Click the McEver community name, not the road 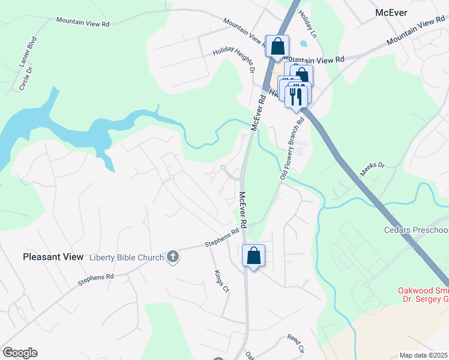pyautogui.click(x=391, y=12)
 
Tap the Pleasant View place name pyautogui.click(x=53, y=257)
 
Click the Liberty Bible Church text pyautogui.click(x=127, y=257)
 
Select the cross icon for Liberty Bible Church pyautogui.click(x=173, y=257)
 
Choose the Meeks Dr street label pyautogui.click(x=372, y=171)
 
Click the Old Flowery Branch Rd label pyautogui.click(x=292, y=148)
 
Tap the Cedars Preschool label pyautogui.click(x=416, y=230)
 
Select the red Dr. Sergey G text pyautogui.click(x=423, y=300)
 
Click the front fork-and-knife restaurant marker pyautogui.click(x=295, y=95)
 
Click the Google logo pyautogui.click(x=20, y=353)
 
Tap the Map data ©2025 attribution pyautogui.click(x=424, y=355)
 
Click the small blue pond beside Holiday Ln pyautogui.click(x=303, y=43)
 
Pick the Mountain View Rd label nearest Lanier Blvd pyautogui.click(x=83, y=22)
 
